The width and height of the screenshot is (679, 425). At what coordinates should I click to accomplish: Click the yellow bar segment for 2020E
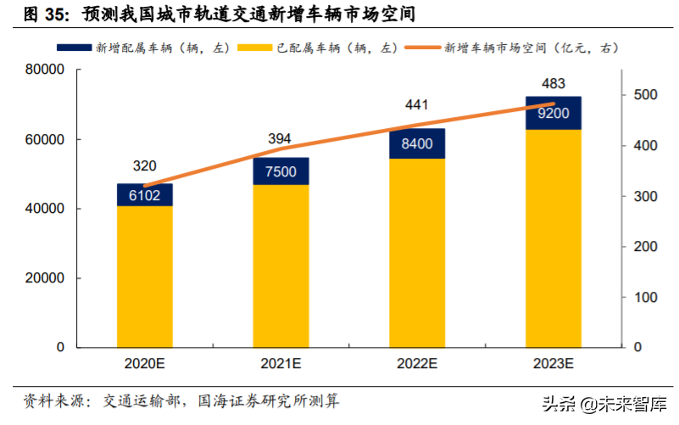144,277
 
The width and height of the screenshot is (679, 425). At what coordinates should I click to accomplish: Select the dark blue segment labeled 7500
281,171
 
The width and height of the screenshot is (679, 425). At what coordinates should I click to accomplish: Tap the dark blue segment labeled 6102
144,195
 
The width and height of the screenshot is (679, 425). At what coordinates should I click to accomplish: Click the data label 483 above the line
552,84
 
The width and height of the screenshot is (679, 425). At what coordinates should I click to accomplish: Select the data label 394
281,138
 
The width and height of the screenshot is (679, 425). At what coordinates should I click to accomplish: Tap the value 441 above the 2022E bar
417,105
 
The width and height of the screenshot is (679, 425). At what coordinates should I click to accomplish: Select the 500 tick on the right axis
644,96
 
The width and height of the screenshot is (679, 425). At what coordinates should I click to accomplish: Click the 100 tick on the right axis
644,298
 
